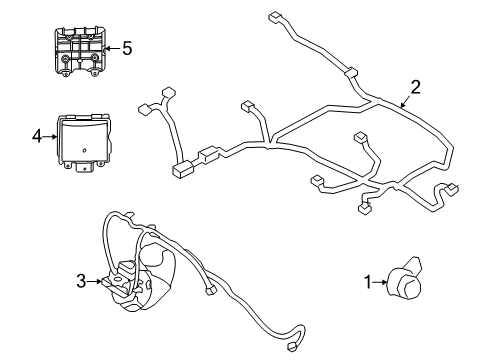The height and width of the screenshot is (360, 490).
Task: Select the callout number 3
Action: (x=82, y=283)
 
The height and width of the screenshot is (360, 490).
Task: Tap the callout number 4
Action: (x=37, y=135)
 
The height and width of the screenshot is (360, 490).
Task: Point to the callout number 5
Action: (x=126, y=47)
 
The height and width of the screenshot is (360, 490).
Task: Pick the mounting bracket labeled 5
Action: (x=78, y=52)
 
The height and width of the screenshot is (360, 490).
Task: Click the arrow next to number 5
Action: (x=110, y=47)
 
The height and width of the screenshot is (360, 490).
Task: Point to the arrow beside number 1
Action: (x=381, y=283)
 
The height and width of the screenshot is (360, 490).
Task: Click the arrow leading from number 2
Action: (x=403, y=98)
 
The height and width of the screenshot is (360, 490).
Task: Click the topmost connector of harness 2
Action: (x=275, y=17)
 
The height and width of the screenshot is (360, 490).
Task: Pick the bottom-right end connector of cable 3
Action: (x=292, y=348)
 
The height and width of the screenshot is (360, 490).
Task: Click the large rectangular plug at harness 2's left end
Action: (x=184, y=169)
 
